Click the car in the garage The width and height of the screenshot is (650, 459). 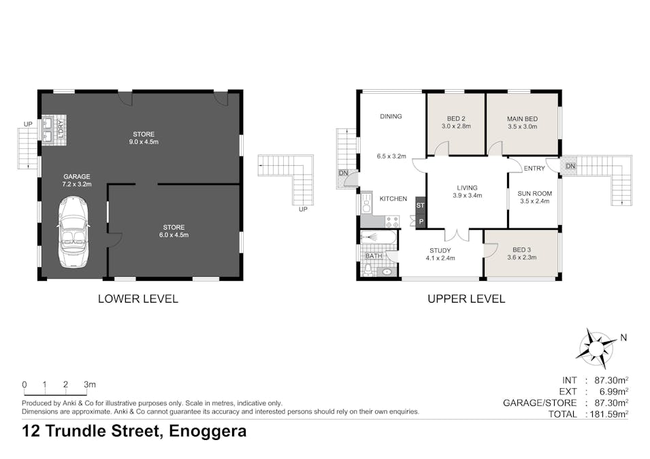coord(73,231)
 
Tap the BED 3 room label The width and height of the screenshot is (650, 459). coord(522,253)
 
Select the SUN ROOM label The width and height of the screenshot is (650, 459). coord(535,197)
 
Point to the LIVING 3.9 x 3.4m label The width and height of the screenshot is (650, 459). coord(467,192)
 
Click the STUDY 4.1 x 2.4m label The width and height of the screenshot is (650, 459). coord(440,254)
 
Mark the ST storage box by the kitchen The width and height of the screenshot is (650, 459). coord(420,205)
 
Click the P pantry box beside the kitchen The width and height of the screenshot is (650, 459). coord(420,221)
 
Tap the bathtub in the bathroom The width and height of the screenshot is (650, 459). coord(379,237)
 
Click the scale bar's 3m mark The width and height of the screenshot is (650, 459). coord(88,384)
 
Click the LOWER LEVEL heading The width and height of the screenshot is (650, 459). coord(138,299)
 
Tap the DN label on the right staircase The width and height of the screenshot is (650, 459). coord(570,166)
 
